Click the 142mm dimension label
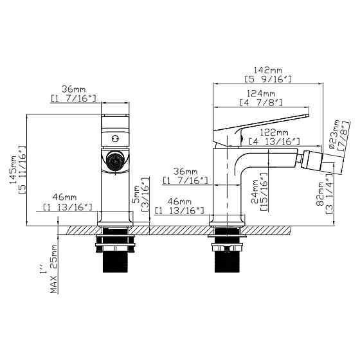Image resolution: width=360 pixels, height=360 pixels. [x=268, y=69]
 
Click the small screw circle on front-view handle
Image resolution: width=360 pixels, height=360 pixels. [x=115, y=138]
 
